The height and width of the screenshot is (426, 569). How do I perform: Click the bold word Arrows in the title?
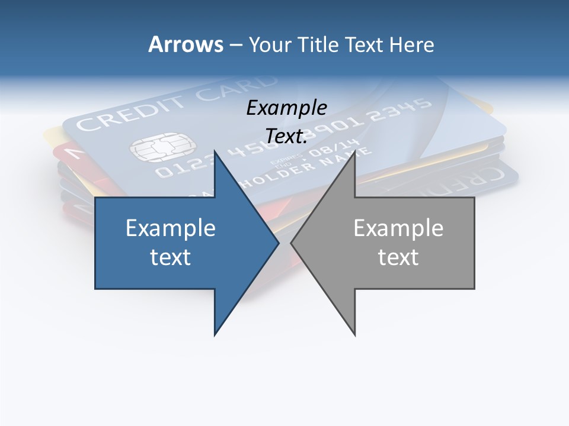click(x=186, y=44)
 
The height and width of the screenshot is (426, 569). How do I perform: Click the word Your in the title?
click(x=270, y=44)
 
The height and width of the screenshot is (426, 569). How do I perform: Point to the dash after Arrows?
click(x=235, y=45)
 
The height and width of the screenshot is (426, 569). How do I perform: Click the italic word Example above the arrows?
click(x=286, y=108)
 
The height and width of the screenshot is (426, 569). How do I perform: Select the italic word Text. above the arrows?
click(x=286, y=136)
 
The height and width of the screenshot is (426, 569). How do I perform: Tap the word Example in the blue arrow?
click(x=171, y=228)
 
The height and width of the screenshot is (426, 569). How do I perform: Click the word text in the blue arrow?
click(x=171, y=257)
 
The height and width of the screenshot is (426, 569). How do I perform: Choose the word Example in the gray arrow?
click(x=398, y=228)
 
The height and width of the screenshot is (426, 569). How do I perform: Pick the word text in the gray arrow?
click(x=398, y=257)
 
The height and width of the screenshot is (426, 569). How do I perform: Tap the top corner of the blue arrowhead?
click(x=215, y=151)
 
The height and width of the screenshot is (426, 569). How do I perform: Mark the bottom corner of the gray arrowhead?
click(x=354, y=334)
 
